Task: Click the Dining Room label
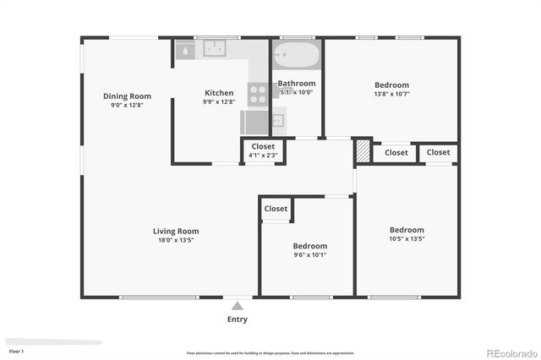127,95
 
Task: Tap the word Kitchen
219,93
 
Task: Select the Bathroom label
297,84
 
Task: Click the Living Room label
176,231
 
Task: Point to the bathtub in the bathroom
297,57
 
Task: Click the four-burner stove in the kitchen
258,93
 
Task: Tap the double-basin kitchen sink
213,50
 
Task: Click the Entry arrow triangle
238,306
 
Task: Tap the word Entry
238,319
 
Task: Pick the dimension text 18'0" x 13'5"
176,240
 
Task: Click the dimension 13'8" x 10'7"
391,94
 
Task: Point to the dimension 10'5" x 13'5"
407,239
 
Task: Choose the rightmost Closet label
438,153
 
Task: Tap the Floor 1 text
17,351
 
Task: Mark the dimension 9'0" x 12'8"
127,105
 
